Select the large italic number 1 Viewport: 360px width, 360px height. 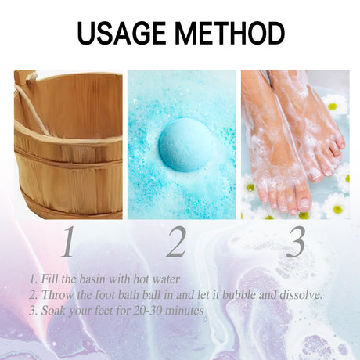pos(67,243)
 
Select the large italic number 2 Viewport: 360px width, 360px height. pos(177,243)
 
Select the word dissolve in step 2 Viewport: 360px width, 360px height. pos(301,295)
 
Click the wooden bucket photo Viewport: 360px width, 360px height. pos(68,145)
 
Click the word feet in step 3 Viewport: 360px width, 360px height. pos(104,311)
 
